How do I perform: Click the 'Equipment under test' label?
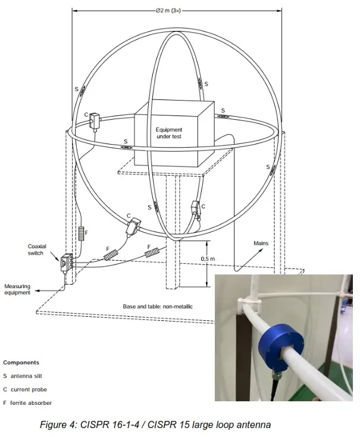tap(169, 133)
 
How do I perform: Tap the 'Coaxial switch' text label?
tap(36, 249)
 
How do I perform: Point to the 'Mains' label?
tap(261, 244)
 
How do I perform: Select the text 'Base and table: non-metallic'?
tap(158, 306)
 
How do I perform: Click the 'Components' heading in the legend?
tap(21, 362)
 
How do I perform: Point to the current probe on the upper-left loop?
tap(96, 121)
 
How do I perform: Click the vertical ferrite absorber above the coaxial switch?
tap(81, 233)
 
